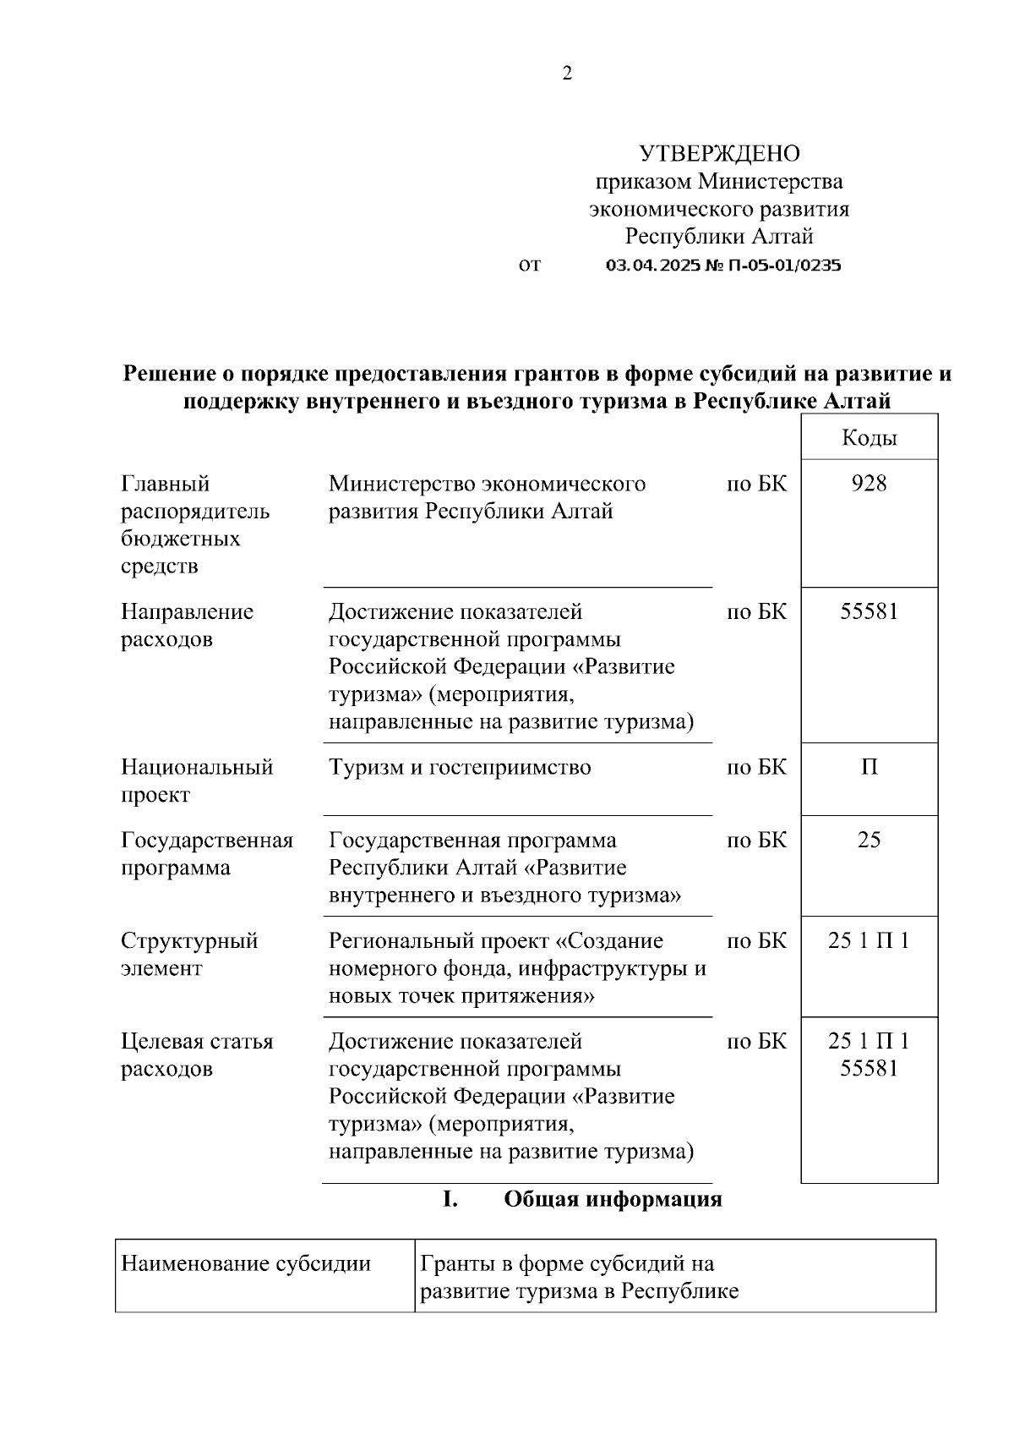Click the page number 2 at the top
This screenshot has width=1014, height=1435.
click(567, 74)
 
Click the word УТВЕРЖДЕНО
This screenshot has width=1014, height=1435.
click(719, 154)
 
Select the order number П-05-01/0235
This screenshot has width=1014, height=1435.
click(783, 266)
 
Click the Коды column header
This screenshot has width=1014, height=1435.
click(869, 438)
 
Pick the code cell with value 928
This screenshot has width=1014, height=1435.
click(869, 484)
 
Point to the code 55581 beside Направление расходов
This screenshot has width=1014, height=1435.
click(869, 611)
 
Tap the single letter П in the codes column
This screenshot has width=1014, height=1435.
click(869, 768)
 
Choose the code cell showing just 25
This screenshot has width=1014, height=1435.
click(869, 841)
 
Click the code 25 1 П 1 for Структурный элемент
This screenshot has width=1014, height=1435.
click(869, 941)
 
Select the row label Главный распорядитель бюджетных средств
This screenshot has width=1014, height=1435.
click(194, 524)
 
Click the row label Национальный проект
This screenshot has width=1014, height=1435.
click(196, 780)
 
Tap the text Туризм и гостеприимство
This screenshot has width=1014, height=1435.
click(460, 768)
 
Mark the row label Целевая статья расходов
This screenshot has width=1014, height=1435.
click(196, 1054)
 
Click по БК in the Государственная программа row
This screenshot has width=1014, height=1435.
click(756, 841)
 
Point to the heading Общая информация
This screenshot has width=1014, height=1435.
click(613, 1199)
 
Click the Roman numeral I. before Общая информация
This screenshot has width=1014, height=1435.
click(450, 1199)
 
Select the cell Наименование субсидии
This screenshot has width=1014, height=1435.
click(246, 1264)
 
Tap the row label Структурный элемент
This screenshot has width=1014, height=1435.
click(189, 954)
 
